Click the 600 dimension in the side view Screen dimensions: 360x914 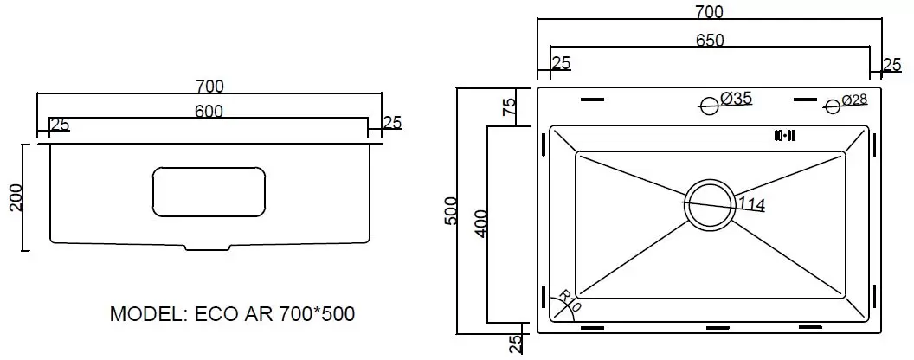pyautogui.click(x=209, y=111)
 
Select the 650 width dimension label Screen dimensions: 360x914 pyautogui.click(x=710, y=40)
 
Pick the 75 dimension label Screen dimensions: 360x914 pyautogui.click(x=509, y=106)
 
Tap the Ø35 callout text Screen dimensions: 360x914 pyautogui.click(x=736, y=99)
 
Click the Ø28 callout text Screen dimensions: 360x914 pyautogui.click(x=853, y=100)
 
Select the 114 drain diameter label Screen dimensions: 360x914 pyautogui.click(x=751, y=204)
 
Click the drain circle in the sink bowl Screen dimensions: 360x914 pyautogui.click(x=709, y=207)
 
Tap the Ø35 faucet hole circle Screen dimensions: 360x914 pyautogui.click(x=709, y=106)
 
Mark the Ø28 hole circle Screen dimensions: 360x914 pyautogui.click(x=833, y=106)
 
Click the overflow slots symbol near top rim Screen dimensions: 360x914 pyautogui.click(x=785, y=135)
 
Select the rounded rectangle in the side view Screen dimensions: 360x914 pyautogui.click(x=209, y=191)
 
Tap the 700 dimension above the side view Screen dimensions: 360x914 pyautogui.click(x=209, y=86)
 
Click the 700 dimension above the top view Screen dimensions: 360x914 pyautogui.click(x=709, y=11)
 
